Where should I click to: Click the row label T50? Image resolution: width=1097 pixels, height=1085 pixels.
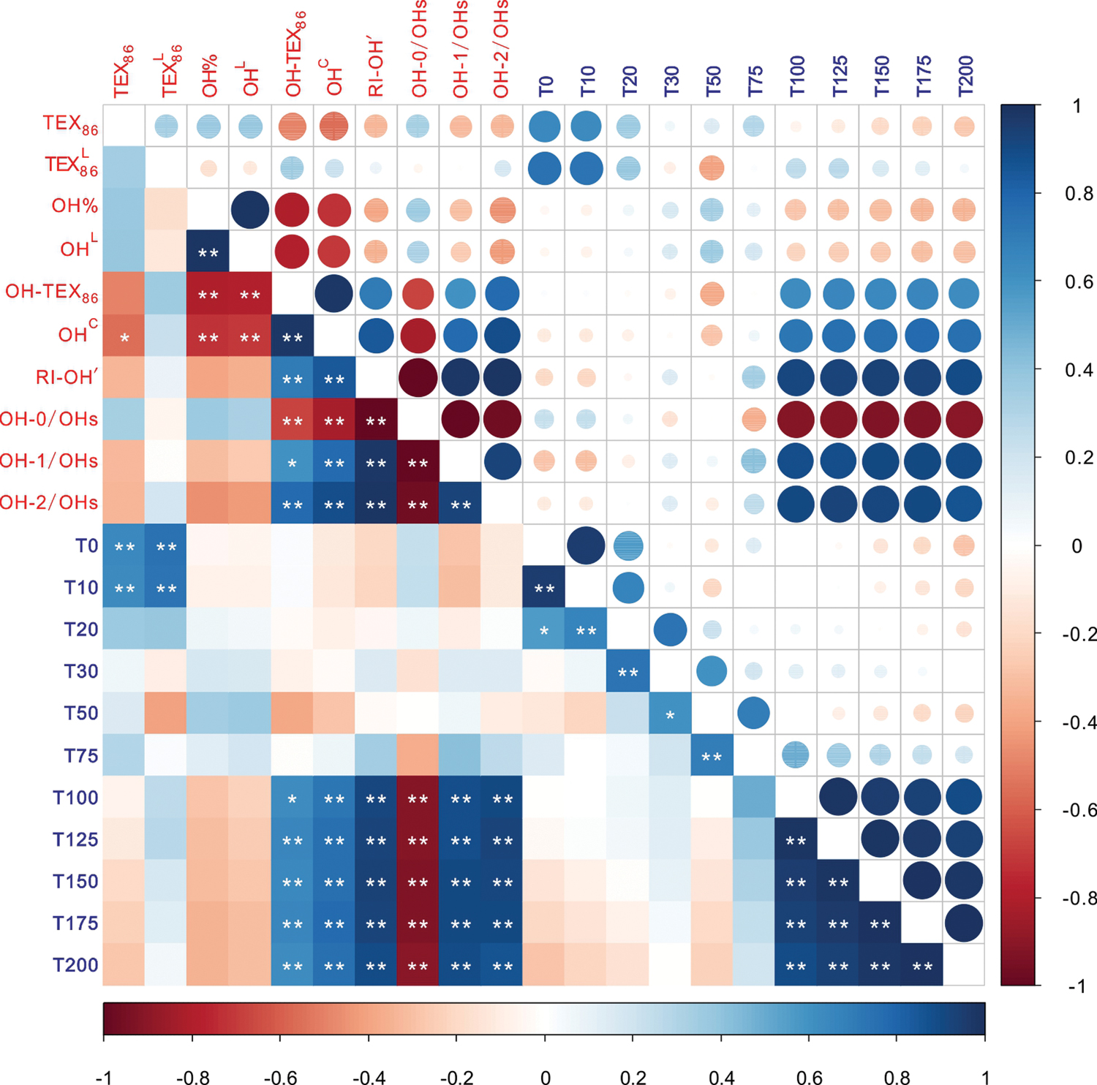click(80, 713)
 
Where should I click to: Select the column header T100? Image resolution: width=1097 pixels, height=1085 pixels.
click(797, 76)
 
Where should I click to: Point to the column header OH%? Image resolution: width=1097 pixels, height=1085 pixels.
click(210, 77)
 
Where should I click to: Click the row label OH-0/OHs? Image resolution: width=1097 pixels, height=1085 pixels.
click(49, 420)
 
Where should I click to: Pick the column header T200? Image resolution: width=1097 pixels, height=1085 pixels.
click(965, 76)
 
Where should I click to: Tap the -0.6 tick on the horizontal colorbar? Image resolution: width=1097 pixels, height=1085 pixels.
click(280, 1077)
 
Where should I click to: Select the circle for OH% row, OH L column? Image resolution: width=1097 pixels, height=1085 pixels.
click(250, 210)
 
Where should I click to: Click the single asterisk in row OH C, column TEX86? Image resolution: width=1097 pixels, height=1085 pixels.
click(124, 339)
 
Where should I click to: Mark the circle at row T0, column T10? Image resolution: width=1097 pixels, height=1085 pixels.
click(586, 545)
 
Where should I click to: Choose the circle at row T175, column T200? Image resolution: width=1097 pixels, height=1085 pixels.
click(964, 923)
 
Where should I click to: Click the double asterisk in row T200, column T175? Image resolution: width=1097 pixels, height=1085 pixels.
click(922, 967)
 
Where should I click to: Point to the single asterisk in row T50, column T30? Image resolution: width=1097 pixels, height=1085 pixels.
click(670, 717)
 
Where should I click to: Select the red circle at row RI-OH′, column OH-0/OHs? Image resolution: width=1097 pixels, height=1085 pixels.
click(418, 378)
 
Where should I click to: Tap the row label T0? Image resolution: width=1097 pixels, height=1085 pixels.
click(86, 546)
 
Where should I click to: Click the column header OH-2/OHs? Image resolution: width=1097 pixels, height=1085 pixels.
click(502, 50)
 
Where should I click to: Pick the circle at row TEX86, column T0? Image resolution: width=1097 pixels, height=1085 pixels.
click(544, 126)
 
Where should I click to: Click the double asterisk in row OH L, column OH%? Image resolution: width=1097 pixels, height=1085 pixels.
click(208, 254)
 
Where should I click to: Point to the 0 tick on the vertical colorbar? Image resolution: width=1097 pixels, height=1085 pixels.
click(1077, 546)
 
